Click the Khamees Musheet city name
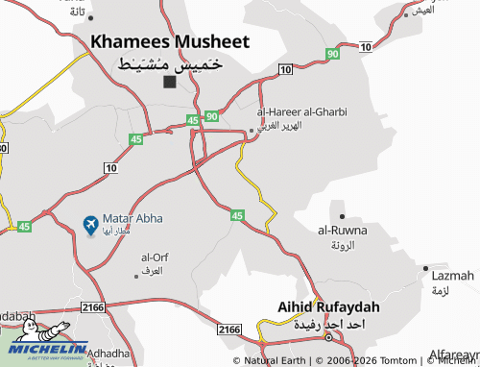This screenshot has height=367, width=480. tap(170, 41)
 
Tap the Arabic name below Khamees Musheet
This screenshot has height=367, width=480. tap(170, 62)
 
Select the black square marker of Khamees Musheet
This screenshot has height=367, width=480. tap(170, 82)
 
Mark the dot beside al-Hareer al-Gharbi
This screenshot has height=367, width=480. tap(252, 131)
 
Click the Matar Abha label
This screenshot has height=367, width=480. tap(132, 219)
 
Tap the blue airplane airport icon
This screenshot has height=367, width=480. tap(91, 226)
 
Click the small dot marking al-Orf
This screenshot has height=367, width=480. tap(136, 276)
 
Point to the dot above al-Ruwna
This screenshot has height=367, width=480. tap(342, 216)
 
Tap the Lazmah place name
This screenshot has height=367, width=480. tap(447, 276)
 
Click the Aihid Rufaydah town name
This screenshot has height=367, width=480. tap(328, 306)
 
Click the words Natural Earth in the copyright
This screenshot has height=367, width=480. tap(275, 361)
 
